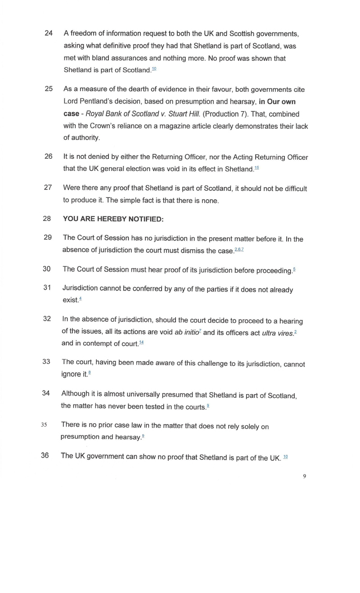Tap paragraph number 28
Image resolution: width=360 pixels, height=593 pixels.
(48, 219)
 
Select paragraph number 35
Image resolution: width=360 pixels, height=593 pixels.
(44, 424)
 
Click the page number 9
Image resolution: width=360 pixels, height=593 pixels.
(305, 476)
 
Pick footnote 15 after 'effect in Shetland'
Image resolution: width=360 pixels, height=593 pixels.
(256, 168)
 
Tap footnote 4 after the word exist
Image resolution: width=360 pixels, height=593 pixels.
(80, 299)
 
